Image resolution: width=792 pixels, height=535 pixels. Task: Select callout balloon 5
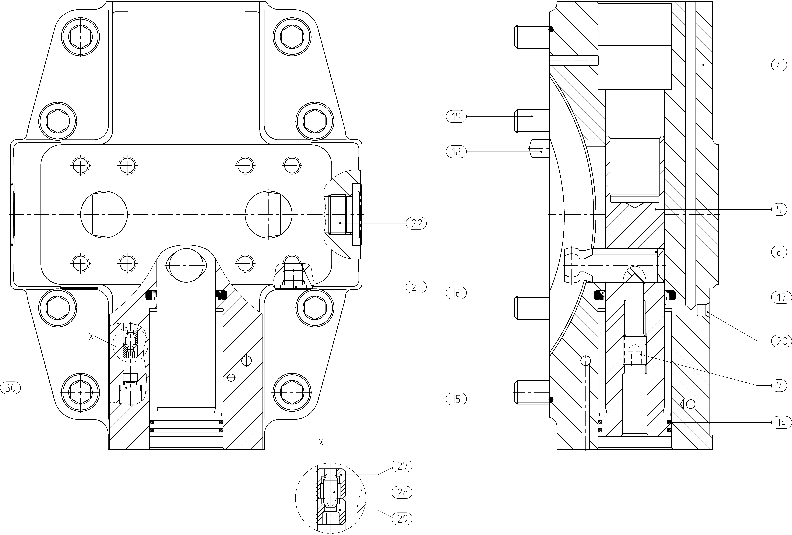(779, 210)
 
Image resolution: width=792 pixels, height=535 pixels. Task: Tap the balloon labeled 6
(779, 252)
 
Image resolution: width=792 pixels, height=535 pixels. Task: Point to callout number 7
(779, 385)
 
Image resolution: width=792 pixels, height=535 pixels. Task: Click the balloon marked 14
(779, 423)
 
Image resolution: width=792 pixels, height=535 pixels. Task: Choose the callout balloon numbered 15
(456, 399)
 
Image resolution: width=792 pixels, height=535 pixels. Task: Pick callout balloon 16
(456, 293)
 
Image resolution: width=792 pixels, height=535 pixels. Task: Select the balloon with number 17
(779, 297)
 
